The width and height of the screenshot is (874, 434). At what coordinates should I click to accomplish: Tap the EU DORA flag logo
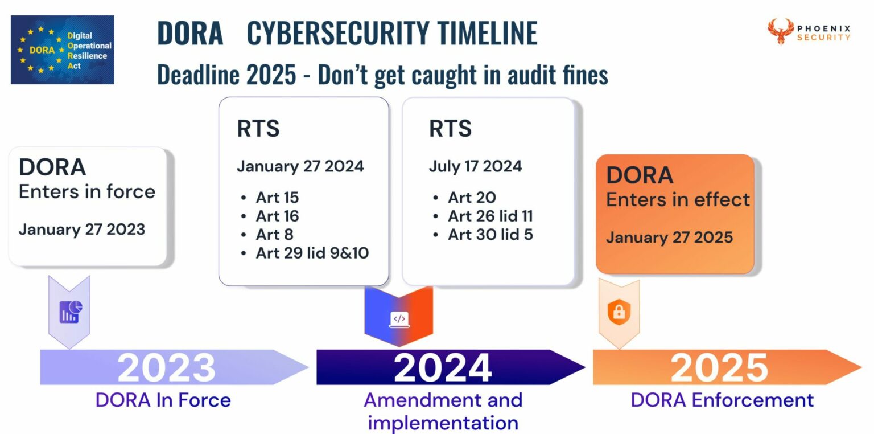point(62,50)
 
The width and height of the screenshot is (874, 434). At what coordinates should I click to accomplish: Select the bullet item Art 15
point(277,198)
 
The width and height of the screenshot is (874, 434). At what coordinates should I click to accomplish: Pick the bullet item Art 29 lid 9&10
point(312,252)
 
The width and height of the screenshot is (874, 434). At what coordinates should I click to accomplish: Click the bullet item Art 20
point(472,198)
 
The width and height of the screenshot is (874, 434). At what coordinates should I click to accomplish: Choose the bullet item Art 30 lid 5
point(490,234)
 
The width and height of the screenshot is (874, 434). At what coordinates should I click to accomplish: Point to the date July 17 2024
point(475,166)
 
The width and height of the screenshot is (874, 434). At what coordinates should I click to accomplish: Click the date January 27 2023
point(81,230)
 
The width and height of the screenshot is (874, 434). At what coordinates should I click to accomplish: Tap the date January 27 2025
point(669,237)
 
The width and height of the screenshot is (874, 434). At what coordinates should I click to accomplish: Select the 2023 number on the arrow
point(166,368)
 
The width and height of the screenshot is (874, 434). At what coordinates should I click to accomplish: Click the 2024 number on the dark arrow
point(443,368)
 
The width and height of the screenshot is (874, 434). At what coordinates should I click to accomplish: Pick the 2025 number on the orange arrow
point(719,368)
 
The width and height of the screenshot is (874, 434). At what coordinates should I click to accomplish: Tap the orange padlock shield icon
point(619,312)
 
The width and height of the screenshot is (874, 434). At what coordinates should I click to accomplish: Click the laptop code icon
point(399,319)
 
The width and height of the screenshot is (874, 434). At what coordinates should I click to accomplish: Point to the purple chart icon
point(71,312)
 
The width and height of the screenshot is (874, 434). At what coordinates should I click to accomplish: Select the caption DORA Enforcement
point(722,400)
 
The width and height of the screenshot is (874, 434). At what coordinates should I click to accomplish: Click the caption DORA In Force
point(163,400)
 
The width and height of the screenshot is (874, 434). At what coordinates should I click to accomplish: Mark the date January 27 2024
point(300,166)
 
